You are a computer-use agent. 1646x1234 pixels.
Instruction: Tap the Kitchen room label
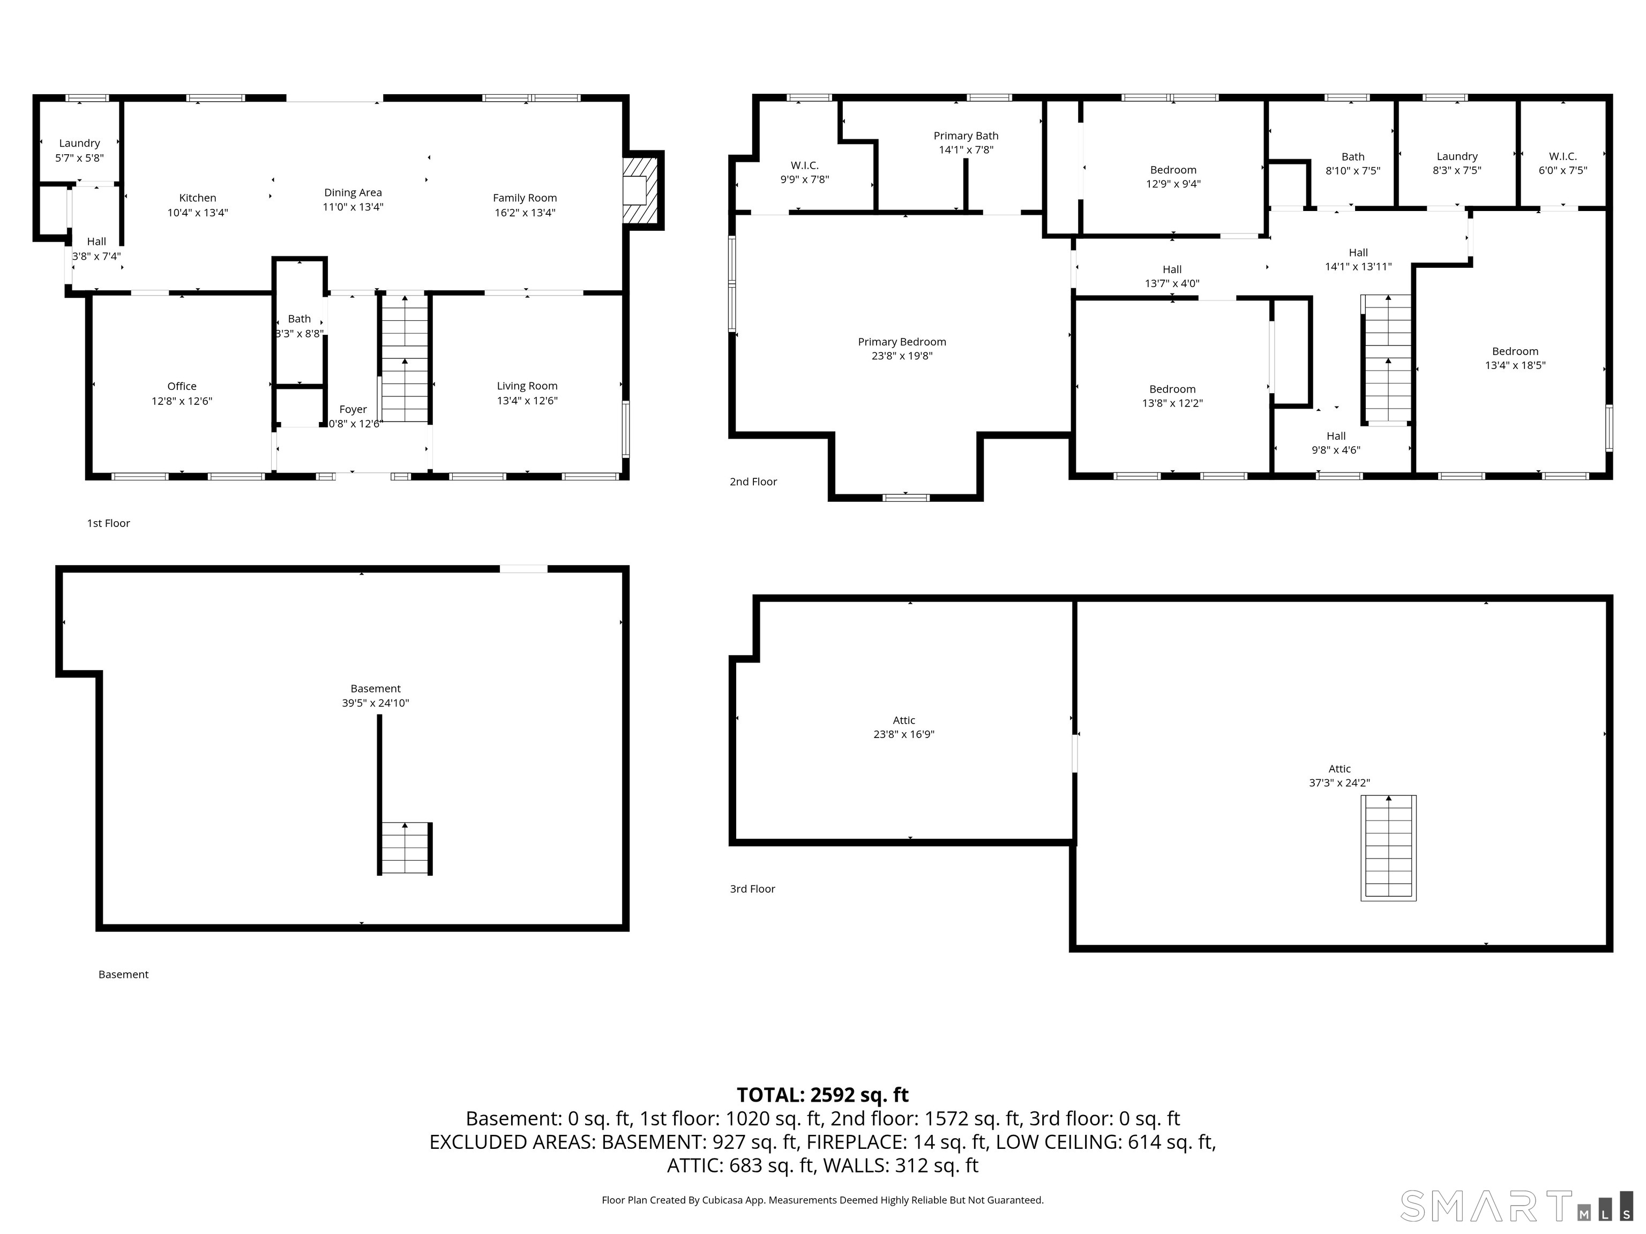pos(197,198)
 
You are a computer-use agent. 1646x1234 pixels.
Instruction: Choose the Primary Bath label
pos(966,136)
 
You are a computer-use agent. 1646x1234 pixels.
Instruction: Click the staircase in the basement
pos(406,848)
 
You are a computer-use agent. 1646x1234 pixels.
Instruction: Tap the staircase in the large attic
pos(1388,847)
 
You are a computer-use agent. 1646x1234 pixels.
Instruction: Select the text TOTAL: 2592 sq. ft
pos(822,1095)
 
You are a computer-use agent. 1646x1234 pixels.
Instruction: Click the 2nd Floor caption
pos(753,482)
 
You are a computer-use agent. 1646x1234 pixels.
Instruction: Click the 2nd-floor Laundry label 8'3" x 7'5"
pos(1456,163)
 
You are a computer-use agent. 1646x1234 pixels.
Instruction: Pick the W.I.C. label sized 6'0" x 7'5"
pos(1562,163)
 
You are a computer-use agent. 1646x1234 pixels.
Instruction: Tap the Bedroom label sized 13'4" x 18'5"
pos(1515,358)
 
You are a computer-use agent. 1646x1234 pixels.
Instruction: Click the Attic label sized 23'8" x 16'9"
pos(903,727)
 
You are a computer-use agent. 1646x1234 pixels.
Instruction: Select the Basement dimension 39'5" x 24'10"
pos(375,703)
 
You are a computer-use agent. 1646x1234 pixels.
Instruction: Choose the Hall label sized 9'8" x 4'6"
pos(1336,442)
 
